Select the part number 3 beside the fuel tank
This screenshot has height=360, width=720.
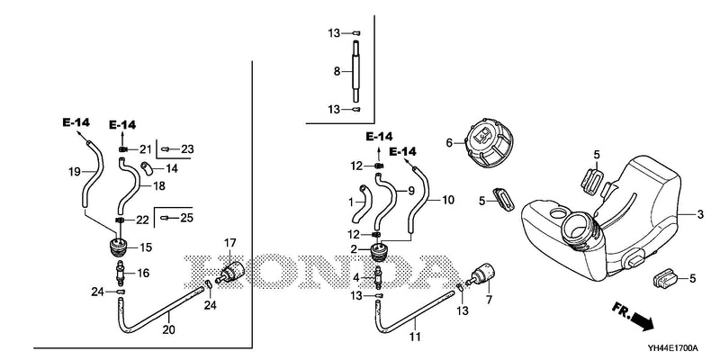(700, 214)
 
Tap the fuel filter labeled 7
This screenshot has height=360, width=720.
(481, 275)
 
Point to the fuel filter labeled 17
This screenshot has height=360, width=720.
(230, 272)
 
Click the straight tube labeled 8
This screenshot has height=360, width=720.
(356, 71)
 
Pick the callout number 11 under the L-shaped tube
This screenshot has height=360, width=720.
(415, 337)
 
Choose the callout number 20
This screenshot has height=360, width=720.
(168, 329)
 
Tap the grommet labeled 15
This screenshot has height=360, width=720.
(119, 248)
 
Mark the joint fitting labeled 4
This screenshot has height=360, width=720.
(379, 278)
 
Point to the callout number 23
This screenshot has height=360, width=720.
(187, 149)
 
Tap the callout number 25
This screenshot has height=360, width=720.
(186, 218)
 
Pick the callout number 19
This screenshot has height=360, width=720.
(75, 172)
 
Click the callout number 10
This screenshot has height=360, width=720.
(448, 200)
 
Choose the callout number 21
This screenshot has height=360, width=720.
(146, 149)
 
